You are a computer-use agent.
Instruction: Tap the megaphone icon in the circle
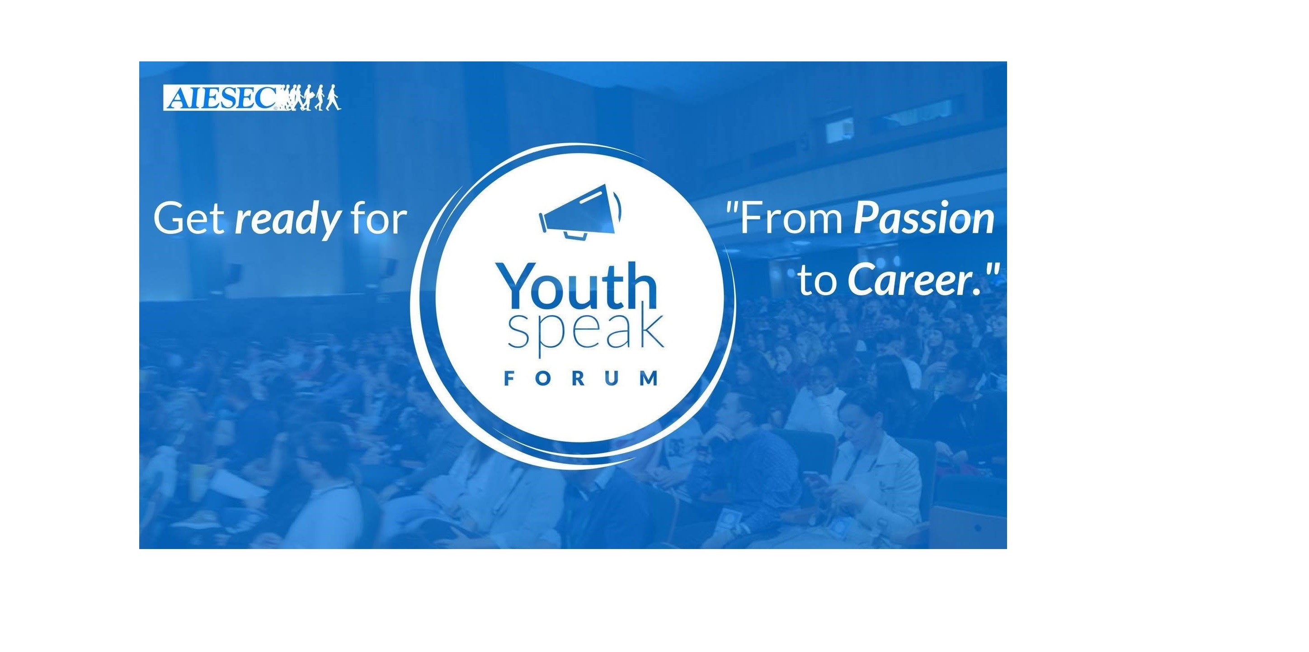point(580,212)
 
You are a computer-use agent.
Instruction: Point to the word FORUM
point(580,379)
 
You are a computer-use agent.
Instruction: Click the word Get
point(189,219)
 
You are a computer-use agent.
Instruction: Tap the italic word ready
point(287,221)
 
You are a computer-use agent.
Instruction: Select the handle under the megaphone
point(574,235)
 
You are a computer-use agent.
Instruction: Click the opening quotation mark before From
point(732,207)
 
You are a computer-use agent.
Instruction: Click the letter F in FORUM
point(509,379)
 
